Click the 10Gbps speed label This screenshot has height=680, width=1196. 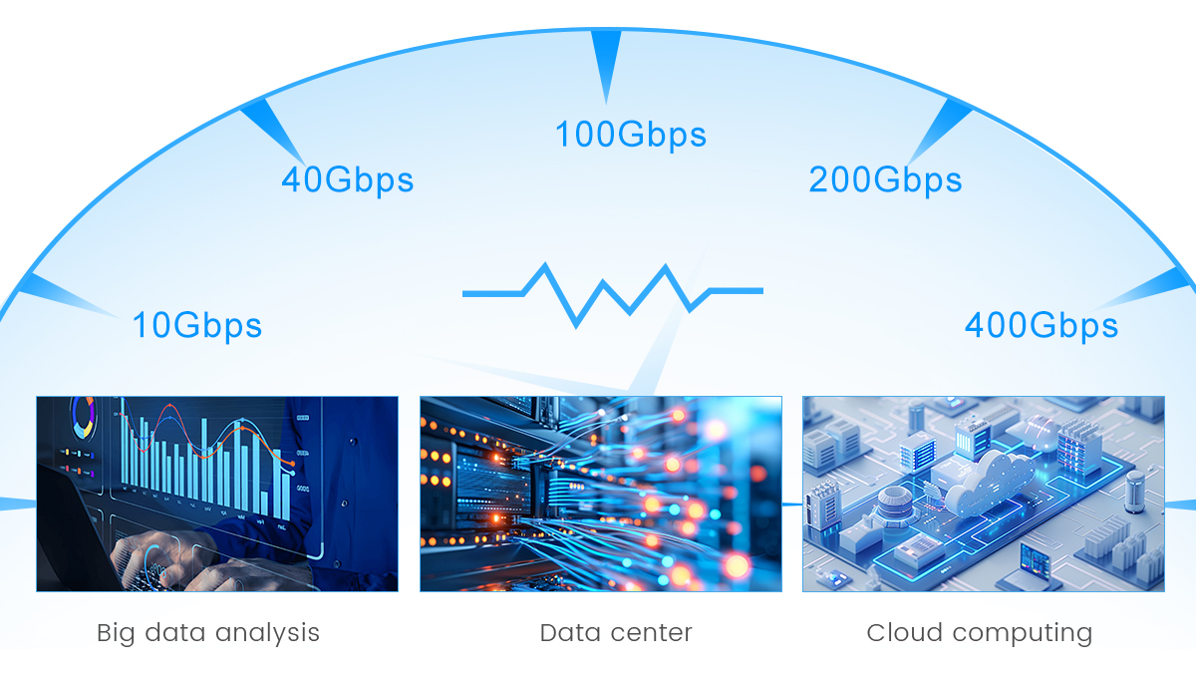[197, 325]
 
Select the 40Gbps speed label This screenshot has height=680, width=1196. [348, 179]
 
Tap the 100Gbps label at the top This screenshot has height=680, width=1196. [631, 134]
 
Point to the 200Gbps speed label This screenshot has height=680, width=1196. [885, 179]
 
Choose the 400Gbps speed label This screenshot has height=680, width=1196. [1042, 325]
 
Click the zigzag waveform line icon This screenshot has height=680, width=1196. [612, 294]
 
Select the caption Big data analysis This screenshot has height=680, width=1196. [208, 633]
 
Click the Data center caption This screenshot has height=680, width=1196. [616, 633]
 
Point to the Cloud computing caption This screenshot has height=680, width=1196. [979, 634]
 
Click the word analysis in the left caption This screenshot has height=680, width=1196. [267, 633]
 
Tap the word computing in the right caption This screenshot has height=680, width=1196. [1022, 634]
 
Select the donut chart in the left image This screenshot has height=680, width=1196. [84, 417]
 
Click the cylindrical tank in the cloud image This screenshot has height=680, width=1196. [1134, 492]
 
